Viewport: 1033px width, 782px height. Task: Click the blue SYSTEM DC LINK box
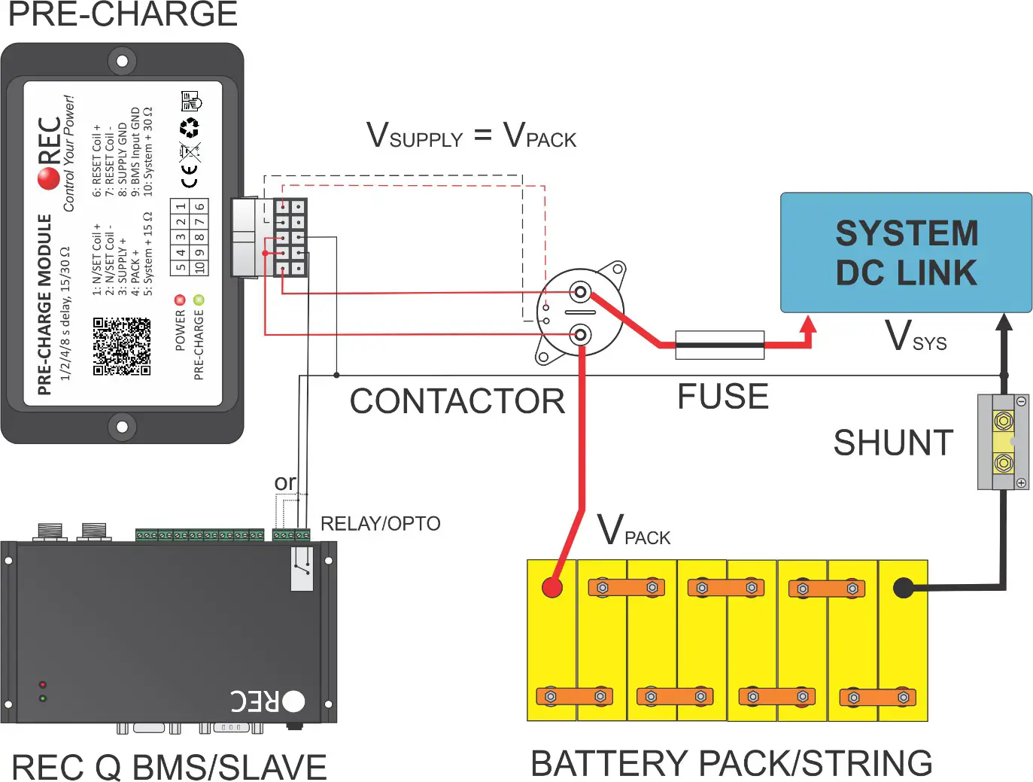click(x=906, y=253)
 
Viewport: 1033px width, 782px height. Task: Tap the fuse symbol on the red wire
click(x=719, y=345)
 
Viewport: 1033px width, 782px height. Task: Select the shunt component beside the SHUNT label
click(x=1003, y=442)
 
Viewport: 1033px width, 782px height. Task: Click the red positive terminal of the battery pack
click(x=552, y=587)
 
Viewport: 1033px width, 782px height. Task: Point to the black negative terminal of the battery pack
click(x=903, y=588)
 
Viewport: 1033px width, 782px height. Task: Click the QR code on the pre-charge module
click(x=121, y=346)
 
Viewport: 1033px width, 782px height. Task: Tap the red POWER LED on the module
click(x=180, y=300)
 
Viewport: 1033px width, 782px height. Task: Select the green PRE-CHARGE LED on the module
click(x=199, y=300)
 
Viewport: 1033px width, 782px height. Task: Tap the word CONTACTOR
click(x=457, y=401)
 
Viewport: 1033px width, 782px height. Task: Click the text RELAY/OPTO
click(x=380, y=523)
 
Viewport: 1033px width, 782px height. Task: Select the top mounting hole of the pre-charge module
click(x=122, y=60)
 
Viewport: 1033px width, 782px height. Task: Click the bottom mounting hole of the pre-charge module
click(x=122, y=427)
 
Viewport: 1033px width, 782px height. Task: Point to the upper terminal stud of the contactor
click(x=580, y=292)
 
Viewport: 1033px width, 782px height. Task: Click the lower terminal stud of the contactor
click(x=580, y=334)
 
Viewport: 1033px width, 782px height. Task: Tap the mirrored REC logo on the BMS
click(x=267, y=701)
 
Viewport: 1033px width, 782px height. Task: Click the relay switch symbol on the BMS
click(x=302, y=568)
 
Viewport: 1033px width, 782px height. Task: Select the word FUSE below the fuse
click(x=722, y=397)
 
